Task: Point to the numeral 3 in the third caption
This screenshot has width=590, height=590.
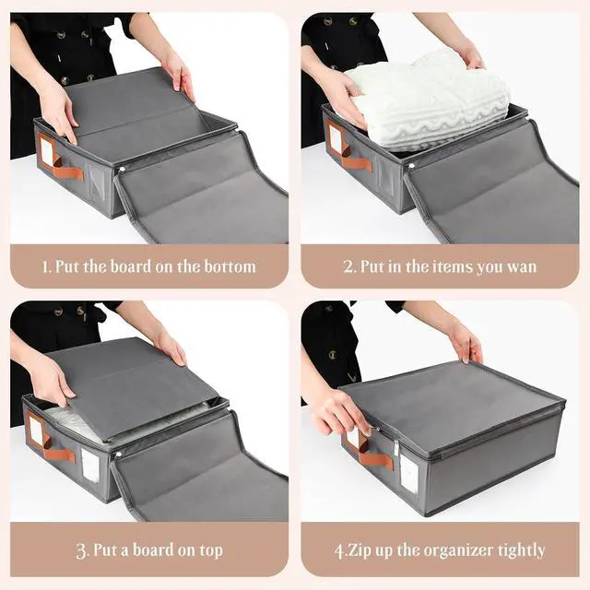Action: tap(81, 551)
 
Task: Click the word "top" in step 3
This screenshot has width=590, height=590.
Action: tap(211, 551)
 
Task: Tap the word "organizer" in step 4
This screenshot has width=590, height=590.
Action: tap(457, 551)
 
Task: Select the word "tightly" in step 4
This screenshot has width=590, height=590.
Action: tap(521, 551)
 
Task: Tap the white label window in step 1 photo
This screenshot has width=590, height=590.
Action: tap(48, 153)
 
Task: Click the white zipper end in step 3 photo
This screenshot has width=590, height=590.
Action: tap(118, 454)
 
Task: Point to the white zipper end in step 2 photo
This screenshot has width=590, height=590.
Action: tap(411, 165)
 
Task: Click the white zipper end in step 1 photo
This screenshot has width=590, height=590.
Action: tap(122, 171)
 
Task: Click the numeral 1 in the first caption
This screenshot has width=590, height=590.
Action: tap(45, 267)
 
